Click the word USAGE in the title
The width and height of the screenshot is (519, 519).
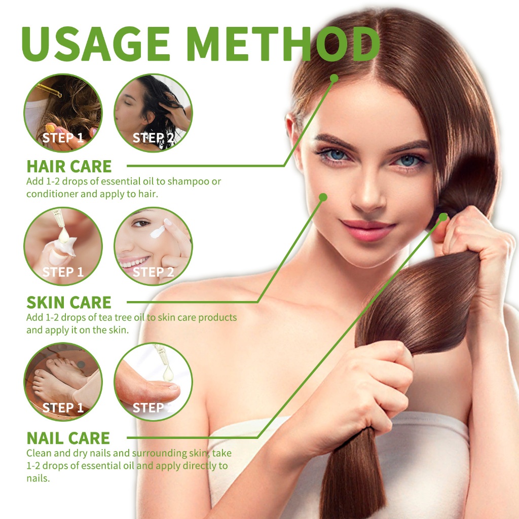[96, 44]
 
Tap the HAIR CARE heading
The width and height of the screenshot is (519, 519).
[69, 166]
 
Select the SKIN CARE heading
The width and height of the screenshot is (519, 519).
[69, 302]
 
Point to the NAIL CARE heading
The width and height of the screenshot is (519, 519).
[68, 438]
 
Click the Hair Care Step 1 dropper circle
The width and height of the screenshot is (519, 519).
[63, 113]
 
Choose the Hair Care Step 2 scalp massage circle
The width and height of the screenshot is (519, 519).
[153, 113]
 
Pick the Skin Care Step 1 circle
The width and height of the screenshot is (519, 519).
[63, 246]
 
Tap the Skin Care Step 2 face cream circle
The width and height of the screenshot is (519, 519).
[153, 246]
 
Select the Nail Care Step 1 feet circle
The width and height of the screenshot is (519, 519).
[63, 382]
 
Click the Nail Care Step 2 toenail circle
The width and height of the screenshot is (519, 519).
[153, 382]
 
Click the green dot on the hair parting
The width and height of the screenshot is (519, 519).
[335, 79]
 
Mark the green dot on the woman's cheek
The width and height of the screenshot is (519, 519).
[323, 197]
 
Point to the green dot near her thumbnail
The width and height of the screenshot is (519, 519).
[443, 217]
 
